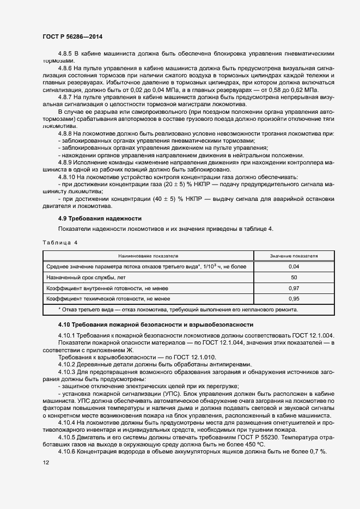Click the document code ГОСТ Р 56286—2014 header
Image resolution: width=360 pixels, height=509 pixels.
(72, 36)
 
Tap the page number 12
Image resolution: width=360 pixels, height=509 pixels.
(45, 462)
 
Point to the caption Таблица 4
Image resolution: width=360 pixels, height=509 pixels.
(60, 243)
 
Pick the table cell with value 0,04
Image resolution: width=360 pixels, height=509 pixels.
(294, 266)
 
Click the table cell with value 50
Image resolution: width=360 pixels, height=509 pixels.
(294, 277)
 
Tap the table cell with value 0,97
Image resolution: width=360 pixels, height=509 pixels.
(294, 288)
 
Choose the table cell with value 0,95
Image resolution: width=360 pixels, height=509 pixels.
(294, 299)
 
